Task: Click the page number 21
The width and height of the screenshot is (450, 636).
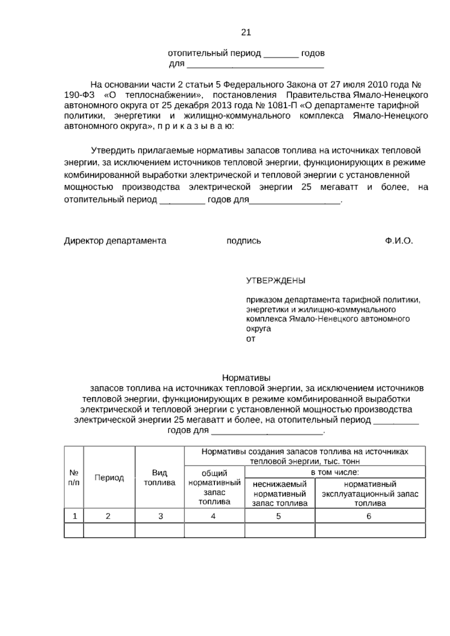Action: [246, 33]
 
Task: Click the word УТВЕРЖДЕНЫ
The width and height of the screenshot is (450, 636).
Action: [276, 280]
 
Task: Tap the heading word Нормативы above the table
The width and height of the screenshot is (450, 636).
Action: [246, 377]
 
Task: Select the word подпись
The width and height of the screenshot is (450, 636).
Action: [244, 241]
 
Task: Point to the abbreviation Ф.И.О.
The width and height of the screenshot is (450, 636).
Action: [399, 241]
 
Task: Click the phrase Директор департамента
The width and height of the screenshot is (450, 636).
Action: [115, 241]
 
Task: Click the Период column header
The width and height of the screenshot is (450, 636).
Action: [109, 478]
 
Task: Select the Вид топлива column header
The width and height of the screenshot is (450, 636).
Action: [160, 478]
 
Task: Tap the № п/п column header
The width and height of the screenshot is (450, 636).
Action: [74, 478]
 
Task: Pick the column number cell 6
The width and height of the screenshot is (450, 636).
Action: [369, 516]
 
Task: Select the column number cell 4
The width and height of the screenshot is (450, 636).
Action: [213, 516]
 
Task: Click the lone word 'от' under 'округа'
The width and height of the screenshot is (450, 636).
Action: [250, 339]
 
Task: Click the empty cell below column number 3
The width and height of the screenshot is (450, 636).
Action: [160, 531]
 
